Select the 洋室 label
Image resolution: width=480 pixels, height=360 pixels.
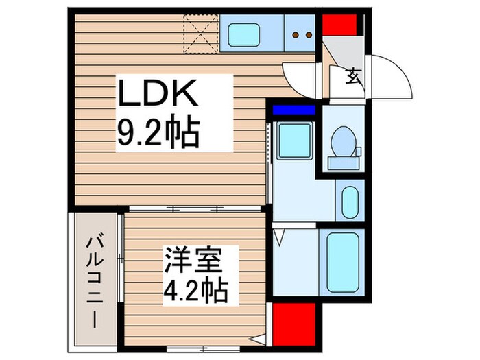click(x=193, y=262)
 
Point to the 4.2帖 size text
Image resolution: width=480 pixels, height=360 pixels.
click(x=195, y=292)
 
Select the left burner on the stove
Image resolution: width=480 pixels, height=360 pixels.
click(x=296, y=34)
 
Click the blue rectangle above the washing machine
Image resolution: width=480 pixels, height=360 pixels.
click(x=293, y=109)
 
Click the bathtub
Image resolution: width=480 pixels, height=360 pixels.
click(x=343, y=263)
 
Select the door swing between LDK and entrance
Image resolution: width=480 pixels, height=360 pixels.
click(x=300, y=77)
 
